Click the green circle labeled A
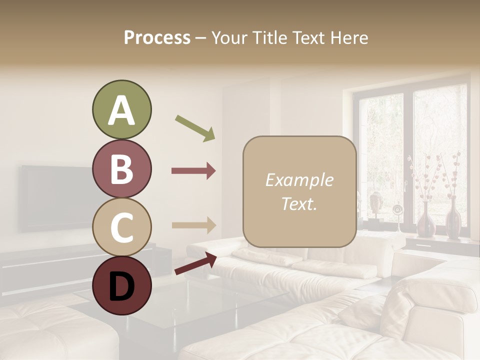pos(121,109)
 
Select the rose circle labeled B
pos(121,168)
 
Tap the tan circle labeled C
pos(121,227)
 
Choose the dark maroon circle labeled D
pos(121,285)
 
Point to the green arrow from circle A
pos(195,128)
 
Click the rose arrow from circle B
pos(193,171)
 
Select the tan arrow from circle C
pos(193,225)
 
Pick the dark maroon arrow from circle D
pos(195,263)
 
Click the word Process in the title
pos(157,37)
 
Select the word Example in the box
pos(299,180)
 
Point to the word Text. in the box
pos(299,203)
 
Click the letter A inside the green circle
pos(121,110)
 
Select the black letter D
pos(121,286)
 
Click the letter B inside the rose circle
pos(121,169)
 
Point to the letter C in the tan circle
pos(121,227)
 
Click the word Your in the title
pos(228,37)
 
